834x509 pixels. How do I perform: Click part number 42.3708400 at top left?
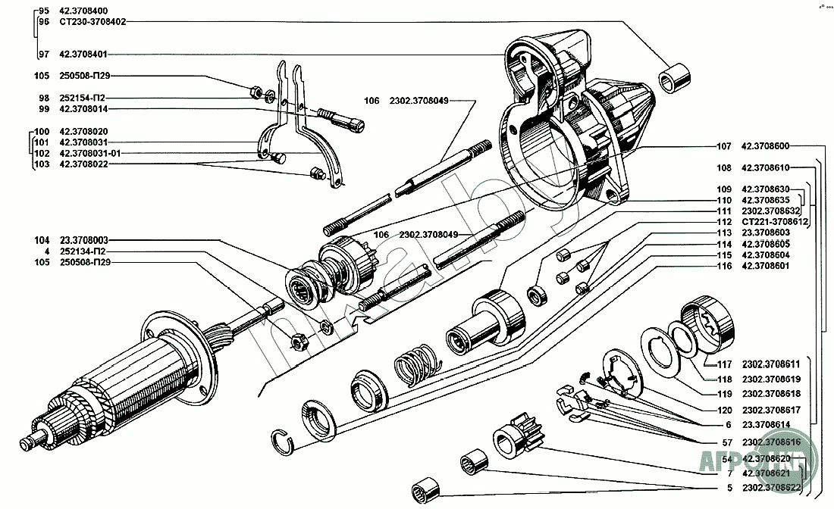[x=83, y=11]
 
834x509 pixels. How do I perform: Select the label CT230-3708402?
[x=91, y=22]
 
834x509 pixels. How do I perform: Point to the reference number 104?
[x=42, y=239]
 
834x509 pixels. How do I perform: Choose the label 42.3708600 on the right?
[x=766, y=146]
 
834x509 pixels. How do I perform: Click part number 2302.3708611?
[x=773, y=364]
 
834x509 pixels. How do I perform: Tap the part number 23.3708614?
[x=768, y=426]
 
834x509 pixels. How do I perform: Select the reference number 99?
[x=44, y=109]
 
